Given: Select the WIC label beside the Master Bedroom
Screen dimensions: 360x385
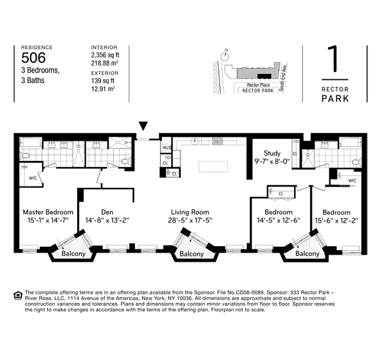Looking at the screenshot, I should click(x=32, y=177).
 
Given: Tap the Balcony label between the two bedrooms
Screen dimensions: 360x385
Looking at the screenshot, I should click(x=307, y=253).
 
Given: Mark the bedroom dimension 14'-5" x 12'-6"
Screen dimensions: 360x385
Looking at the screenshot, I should click(x=280, y=221).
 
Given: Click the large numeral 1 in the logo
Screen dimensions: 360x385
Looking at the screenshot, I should click(x=335, y=61).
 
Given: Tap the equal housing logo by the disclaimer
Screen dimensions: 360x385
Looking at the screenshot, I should click(x=17, y=295).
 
